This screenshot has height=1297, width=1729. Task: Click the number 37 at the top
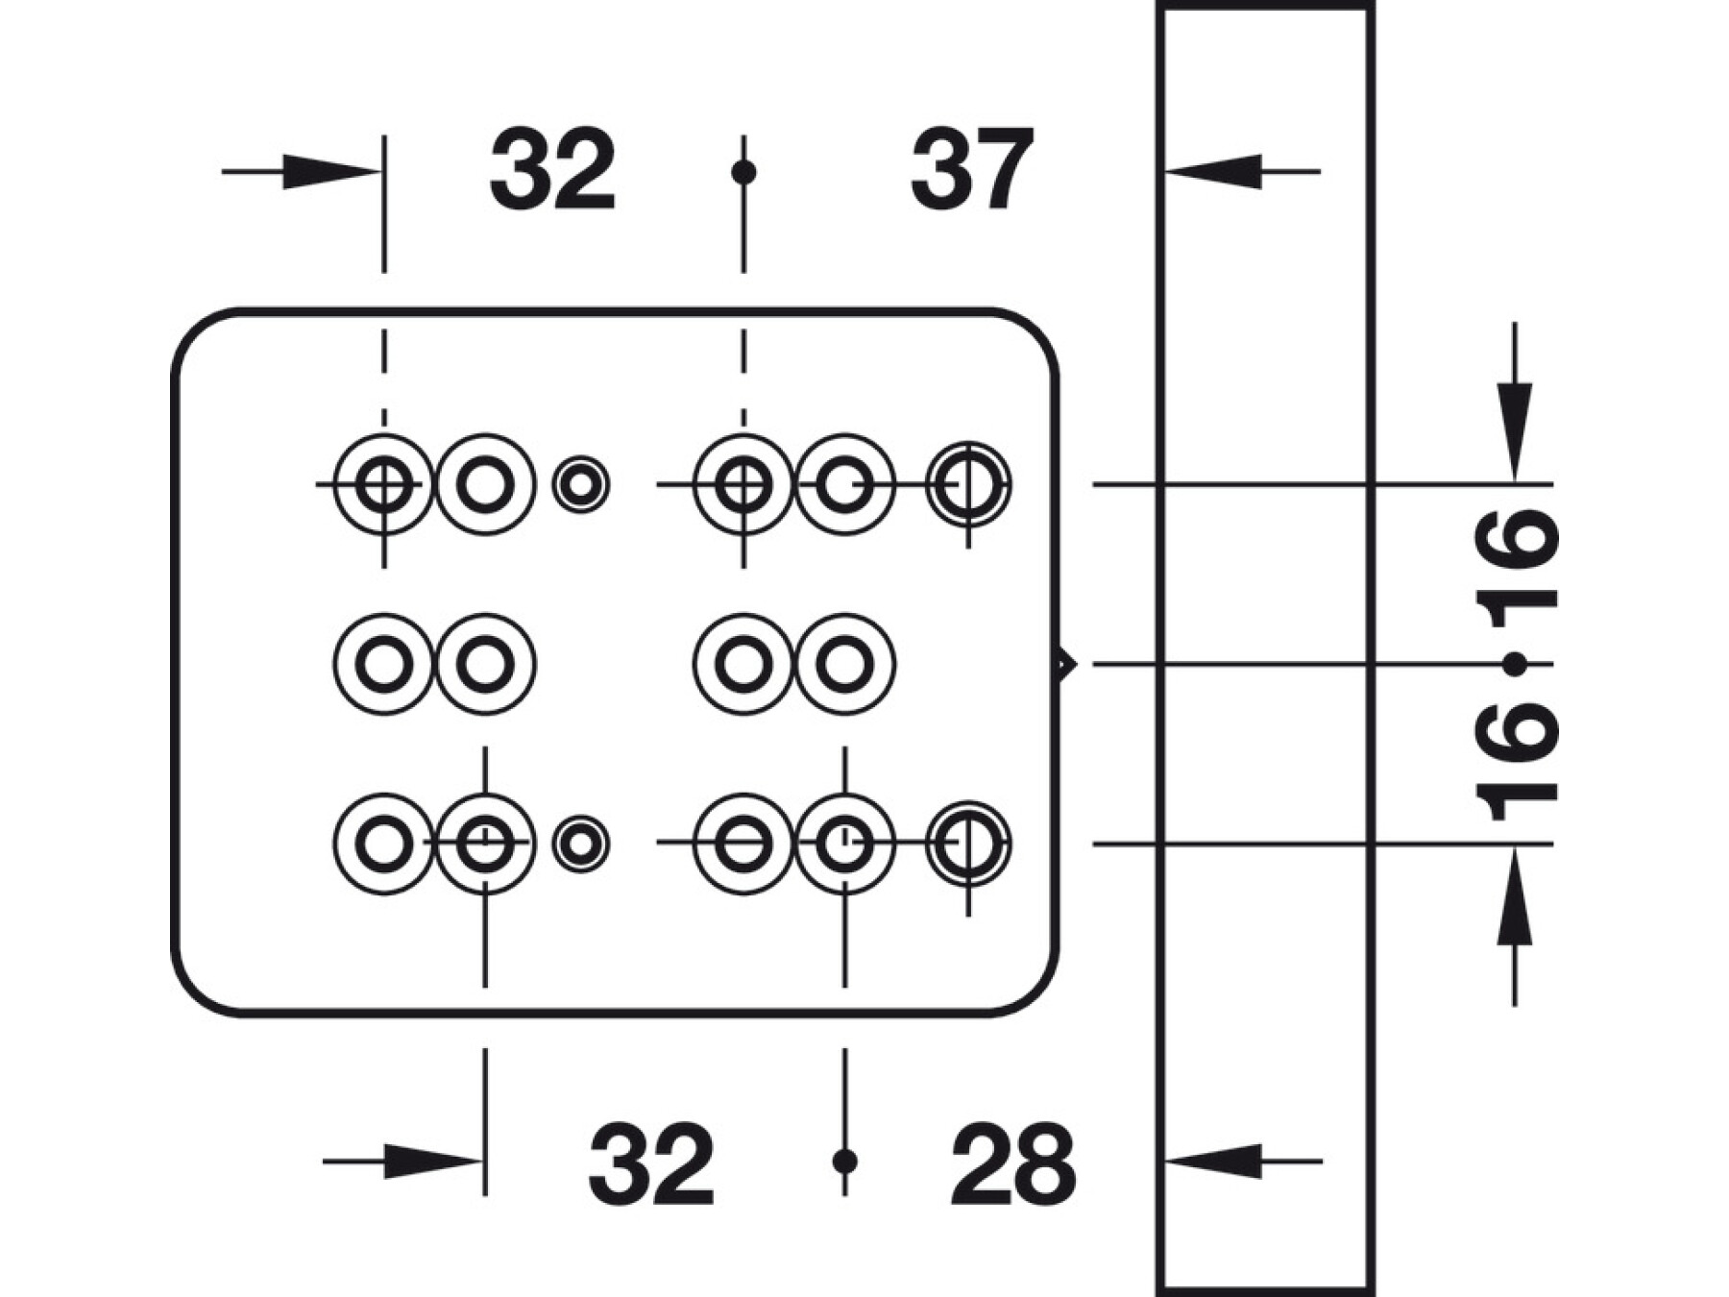[972, 170]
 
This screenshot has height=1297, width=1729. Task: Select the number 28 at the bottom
[1013, 1163]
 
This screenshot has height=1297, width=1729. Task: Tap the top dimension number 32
[552, 170]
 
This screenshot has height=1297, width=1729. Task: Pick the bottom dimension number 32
[651, 1163]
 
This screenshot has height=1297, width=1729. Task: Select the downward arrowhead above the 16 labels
[1515, 431]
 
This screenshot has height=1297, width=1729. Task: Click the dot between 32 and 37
[743, 172]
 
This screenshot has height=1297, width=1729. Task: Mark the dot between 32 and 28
[844, 1162]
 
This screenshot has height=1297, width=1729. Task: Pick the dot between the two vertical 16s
[1515, 664]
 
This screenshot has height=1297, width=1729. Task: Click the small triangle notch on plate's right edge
[1065, 664]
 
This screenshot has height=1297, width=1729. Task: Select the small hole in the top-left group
[580, 484]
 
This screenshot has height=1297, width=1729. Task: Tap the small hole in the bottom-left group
[580, 844]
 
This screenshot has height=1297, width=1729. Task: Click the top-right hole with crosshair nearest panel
[968, 484]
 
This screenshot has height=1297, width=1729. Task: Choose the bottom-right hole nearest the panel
[968, 844]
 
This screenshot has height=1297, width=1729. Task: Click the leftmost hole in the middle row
[384, 664]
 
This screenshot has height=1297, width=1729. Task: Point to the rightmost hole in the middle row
[844, 664]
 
